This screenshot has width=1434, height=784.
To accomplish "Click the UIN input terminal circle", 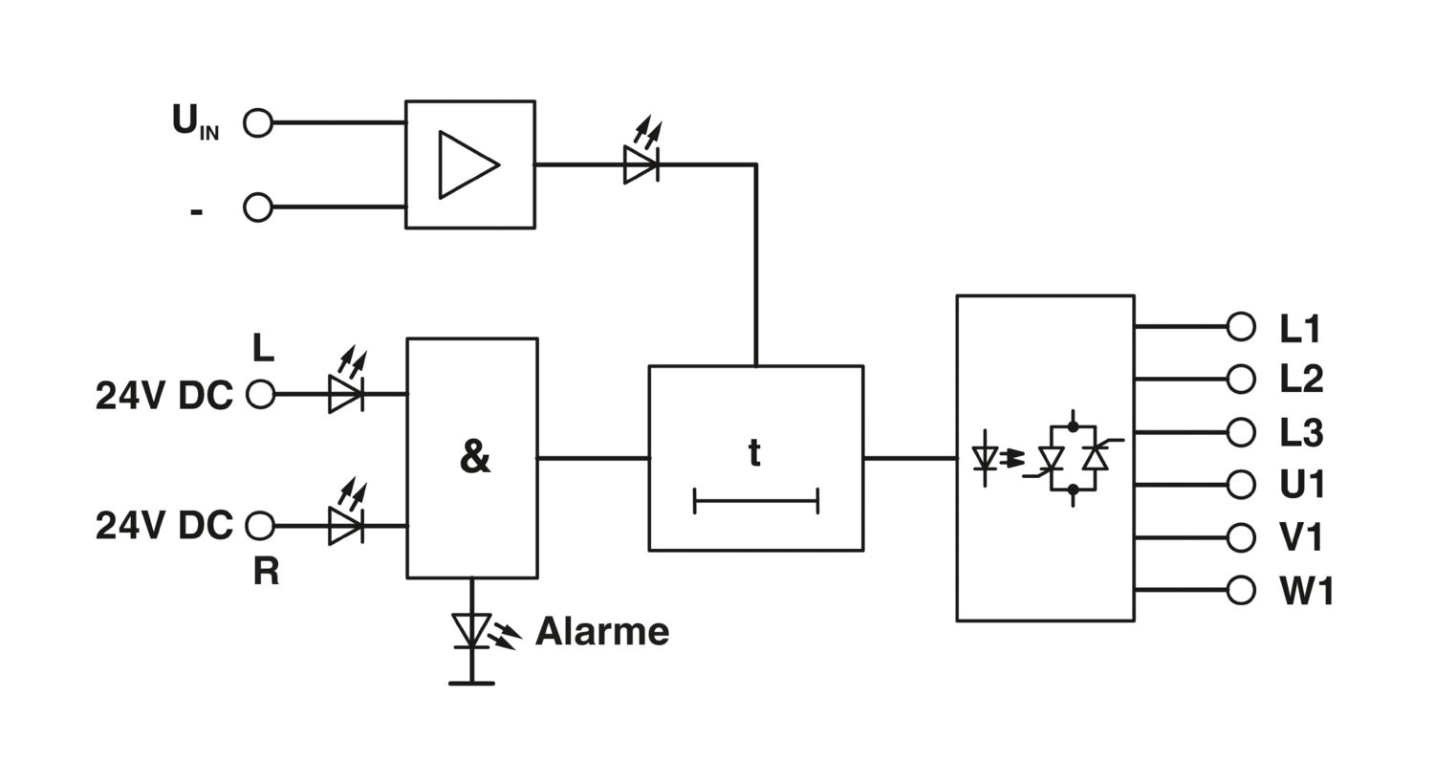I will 258,122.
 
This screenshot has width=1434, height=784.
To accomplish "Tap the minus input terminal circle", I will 258,207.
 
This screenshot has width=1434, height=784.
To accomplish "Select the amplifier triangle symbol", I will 467,164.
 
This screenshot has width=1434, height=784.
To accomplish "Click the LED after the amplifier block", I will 641,163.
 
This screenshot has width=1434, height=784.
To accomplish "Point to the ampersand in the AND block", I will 474,458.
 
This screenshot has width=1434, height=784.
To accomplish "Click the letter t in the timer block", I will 754,452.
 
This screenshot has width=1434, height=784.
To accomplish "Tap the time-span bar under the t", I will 755,500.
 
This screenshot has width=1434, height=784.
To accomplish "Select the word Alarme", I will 602,631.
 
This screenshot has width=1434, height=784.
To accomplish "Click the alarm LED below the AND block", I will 471,630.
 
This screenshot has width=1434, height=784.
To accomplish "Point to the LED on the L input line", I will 345,393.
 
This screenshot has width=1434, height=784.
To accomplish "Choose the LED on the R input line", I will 345,525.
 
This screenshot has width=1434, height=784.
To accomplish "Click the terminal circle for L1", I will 1240,327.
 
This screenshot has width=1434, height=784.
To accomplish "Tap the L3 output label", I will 1301,433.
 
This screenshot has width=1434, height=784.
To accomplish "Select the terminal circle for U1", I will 1240,485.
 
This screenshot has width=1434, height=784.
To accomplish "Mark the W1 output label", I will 1306,591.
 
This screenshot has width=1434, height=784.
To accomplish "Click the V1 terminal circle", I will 1240,537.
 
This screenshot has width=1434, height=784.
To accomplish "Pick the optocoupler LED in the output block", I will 985,459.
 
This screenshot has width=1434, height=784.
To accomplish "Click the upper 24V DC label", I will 163,395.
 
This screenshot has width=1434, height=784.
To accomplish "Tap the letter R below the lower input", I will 266,571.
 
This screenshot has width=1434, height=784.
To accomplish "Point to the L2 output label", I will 1301,380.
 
